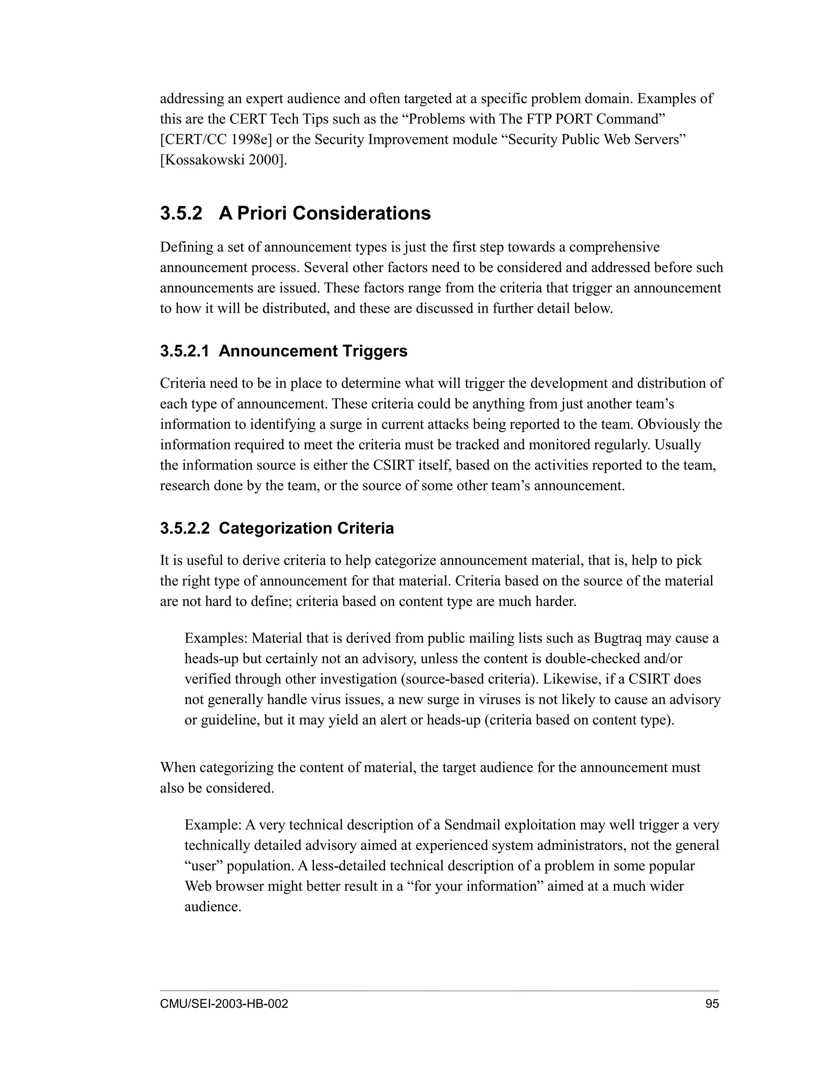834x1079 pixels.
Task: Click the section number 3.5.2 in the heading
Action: [181, 213]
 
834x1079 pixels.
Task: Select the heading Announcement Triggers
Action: [313, 351]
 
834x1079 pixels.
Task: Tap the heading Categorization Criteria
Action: [306, 528]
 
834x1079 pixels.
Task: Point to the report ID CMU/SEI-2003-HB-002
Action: [224, 1004]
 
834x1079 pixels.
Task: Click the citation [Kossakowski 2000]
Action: [223, 160]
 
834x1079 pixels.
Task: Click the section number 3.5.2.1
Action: [184, 351]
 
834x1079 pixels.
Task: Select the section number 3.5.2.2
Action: [185, 528]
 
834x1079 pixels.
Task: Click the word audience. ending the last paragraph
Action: [213, 907]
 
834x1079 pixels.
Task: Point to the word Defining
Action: [185, 247]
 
